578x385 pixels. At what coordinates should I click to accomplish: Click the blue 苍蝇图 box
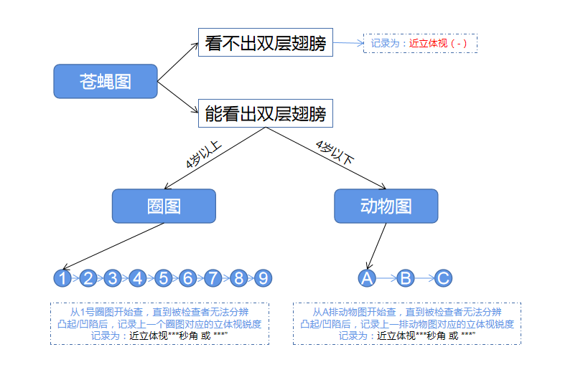(106, 81)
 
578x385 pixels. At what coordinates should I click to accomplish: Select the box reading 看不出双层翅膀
(265, 43)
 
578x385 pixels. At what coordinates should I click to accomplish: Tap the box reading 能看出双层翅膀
(265, 113)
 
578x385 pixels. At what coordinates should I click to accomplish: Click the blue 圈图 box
(164, 206)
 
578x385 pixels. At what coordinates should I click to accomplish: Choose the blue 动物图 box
(386, 206)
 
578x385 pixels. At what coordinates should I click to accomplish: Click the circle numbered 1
(63, 278)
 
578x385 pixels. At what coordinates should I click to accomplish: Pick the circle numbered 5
(163, 278)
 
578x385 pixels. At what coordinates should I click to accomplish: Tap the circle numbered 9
(263, 278)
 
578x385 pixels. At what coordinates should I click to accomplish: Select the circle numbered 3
(113, 278)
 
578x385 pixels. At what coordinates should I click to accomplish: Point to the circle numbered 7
(213, 278)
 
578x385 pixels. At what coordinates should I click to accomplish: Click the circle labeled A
(367, 278)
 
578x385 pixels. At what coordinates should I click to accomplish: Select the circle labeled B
(406, 278)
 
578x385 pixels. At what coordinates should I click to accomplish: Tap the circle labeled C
(444, 278)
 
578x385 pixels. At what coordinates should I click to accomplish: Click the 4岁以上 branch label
(204, 156)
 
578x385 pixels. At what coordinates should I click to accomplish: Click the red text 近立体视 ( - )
(438, 44)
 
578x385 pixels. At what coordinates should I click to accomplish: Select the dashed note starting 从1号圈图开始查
(159, 323)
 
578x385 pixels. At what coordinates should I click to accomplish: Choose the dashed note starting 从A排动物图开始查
(406, 323)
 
